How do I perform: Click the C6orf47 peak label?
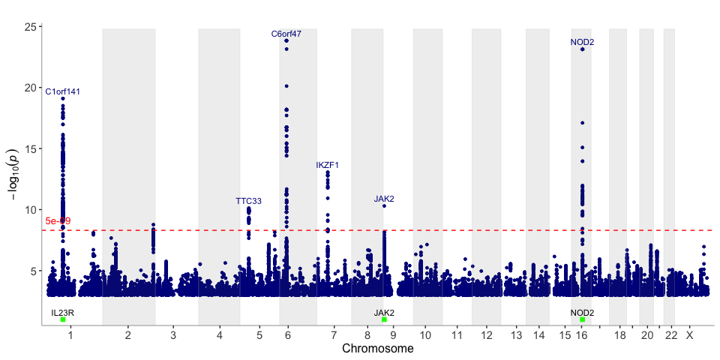click(x=286, y=34)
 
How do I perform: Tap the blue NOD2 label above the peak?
click(x=582, y=42)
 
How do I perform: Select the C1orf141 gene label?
click(x=63, y=91)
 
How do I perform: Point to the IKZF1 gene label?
click(x=328, y=165)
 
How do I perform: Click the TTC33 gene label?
click(x=248, y=201)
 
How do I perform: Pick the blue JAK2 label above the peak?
click(x=384, y=199)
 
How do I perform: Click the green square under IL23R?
click(x=63, y=319)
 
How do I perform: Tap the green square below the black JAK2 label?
click(x=384, y=319)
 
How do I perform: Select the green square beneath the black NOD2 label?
click(x=582, y=319)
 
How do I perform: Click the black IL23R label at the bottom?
click(x=63, y=312)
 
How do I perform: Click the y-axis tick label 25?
click(x=31, y=27)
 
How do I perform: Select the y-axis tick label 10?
click(x=31, y=210)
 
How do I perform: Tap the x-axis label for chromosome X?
click(x=689, y=335)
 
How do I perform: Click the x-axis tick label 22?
click(x=671, y=335)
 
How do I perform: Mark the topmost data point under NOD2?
click(x=582, y=49)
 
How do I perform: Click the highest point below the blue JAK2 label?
click(x=384, y=205)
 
